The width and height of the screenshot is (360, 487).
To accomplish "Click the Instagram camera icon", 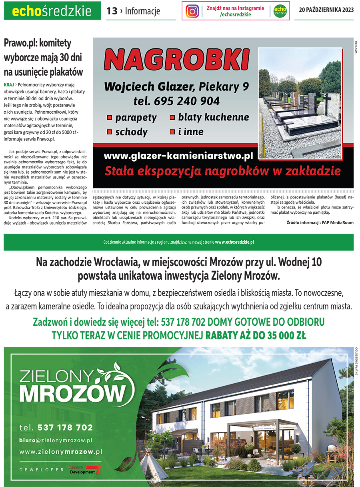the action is click(192, 11).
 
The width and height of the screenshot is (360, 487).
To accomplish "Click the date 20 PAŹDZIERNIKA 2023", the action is click(326, 11).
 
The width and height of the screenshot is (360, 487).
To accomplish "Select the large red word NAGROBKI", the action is click(176, 60).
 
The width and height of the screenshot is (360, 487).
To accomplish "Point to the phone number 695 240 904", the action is click(186, 101).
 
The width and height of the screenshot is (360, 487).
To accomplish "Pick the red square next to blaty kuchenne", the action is click(172, 118).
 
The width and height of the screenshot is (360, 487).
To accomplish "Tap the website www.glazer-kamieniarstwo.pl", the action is click(178, 155).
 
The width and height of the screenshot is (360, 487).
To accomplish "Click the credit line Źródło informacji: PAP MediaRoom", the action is click(320, 222).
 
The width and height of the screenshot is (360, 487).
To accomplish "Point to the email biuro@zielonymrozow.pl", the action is click(56, 440).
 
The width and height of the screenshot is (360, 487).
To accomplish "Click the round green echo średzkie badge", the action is click(280, 11).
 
